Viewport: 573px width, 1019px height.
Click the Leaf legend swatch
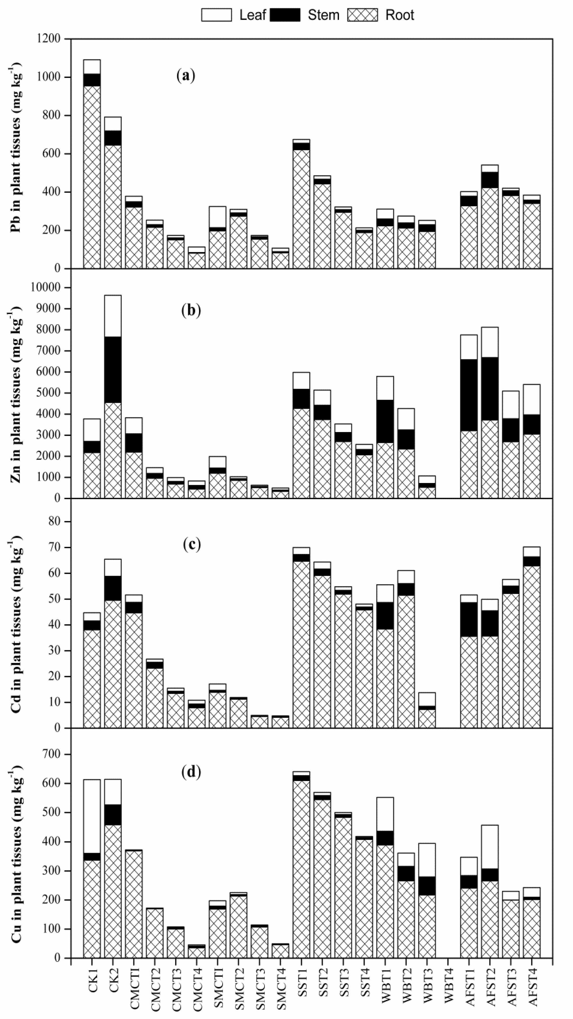(216, 15)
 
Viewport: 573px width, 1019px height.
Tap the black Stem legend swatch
(285, 15)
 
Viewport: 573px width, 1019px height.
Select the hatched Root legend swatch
(362, 15)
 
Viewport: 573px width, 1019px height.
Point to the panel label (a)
(186, 75)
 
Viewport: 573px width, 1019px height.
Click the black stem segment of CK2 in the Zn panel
(113, 370)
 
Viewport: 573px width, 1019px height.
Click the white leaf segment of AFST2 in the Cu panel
(489, 847)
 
